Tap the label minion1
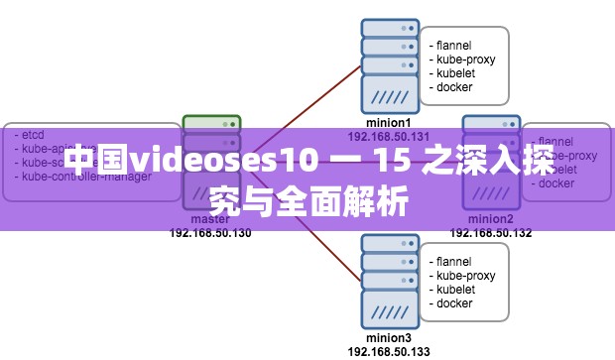tap(388, 123)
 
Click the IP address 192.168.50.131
tap(388, 136)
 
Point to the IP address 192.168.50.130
tap(210, 233)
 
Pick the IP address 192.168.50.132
tap(491, 233)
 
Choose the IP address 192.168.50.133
tap(388, 351)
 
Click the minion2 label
tap(491, 219)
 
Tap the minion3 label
tap(388, 338)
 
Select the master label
tap(210, 219)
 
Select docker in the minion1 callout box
tap(451, 87)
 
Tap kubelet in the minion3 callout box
tap(454, 290)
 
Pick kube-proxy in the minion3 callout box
tap(463, 276)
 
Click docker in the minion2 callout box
tap(556, 183)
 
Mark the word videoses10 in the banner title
tap(224, 159)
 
